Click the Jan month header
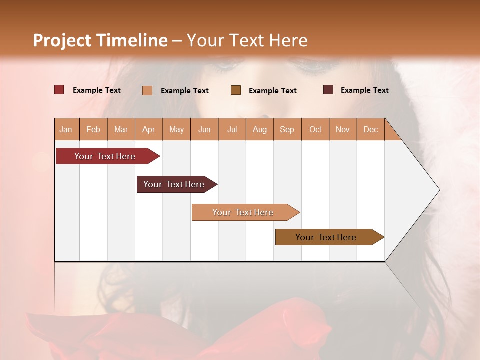tap(66, 129)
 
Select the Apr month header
tap(148, 129)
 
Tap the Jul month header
tap(232, 129)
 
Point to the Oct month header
tap(315, 129)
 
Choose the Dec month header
tap(370, 129)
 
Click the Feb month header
tap(93, 129)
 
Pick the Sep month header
tap(287, 129)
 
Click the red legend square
tap(59, 90)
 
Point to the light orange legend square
tap(147, 90)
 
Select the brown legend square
tap(236, 90)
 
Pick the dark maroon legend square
tap(328, 90)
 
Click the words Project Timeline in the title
tap(100, 40)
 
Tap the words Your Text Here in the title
tap(247, 40)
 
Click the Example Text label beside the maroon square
tap(364, 90)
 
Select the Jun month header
tap(204, 129)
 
